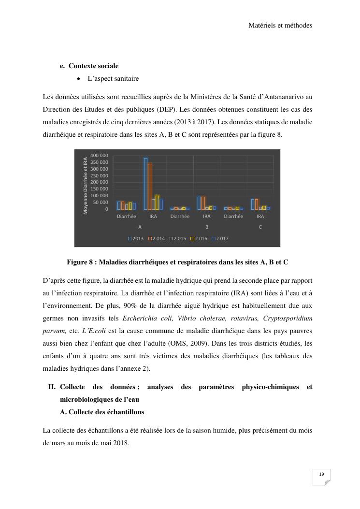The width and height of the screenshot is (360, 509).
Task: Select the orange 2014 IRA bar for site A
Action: click(x=149, y=187)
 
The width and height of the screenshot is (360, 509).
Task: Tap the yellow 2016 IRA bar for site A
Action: click(x=157, y=202)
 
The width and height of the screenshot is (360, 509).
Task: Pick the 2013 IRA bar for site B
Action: click(x=199, y=203)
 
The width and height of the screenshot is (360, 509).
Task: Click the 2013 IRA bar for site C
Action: click(x=253, y=204)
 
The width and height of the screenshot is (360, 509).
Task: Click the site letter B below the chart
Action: click(x=207, y=227)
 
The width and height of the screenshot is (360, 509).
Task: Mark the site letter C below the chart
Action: click(x=260, y=227)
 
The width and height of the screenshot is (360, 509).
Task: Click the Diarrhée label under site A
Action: click(x=127, y=217)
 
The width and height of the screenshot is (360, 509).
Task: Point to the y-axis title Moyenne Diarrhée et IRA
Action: click(x=86, y=186)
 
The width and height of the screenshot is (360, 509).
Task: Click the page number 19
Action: click(x=321, y=474)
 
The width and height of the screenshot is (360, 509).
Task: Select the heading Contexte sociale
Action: click(x=93, y=66)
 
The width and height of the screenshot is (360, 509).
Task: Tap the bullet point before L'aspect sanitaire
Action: click(x=78, y=78)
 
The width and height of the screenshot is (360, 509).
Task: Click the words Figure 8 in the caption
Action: click(x=78, y=262)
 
